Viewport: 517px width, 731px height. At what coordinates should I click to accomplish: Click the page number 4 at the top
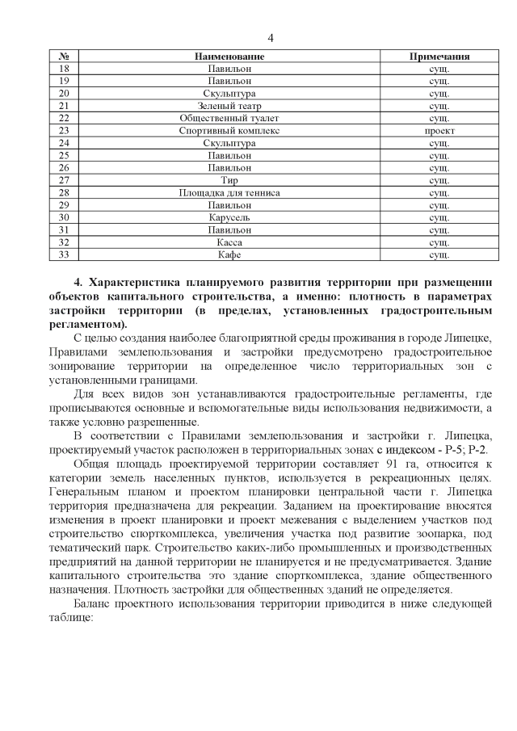click(x=271, y=39)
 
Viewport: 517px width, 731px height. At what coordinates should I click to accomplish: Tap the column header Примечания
click(x=439, y=57)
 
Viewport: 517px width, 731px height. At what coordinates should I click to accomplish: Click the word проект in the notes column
click(x=439, y=130)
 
